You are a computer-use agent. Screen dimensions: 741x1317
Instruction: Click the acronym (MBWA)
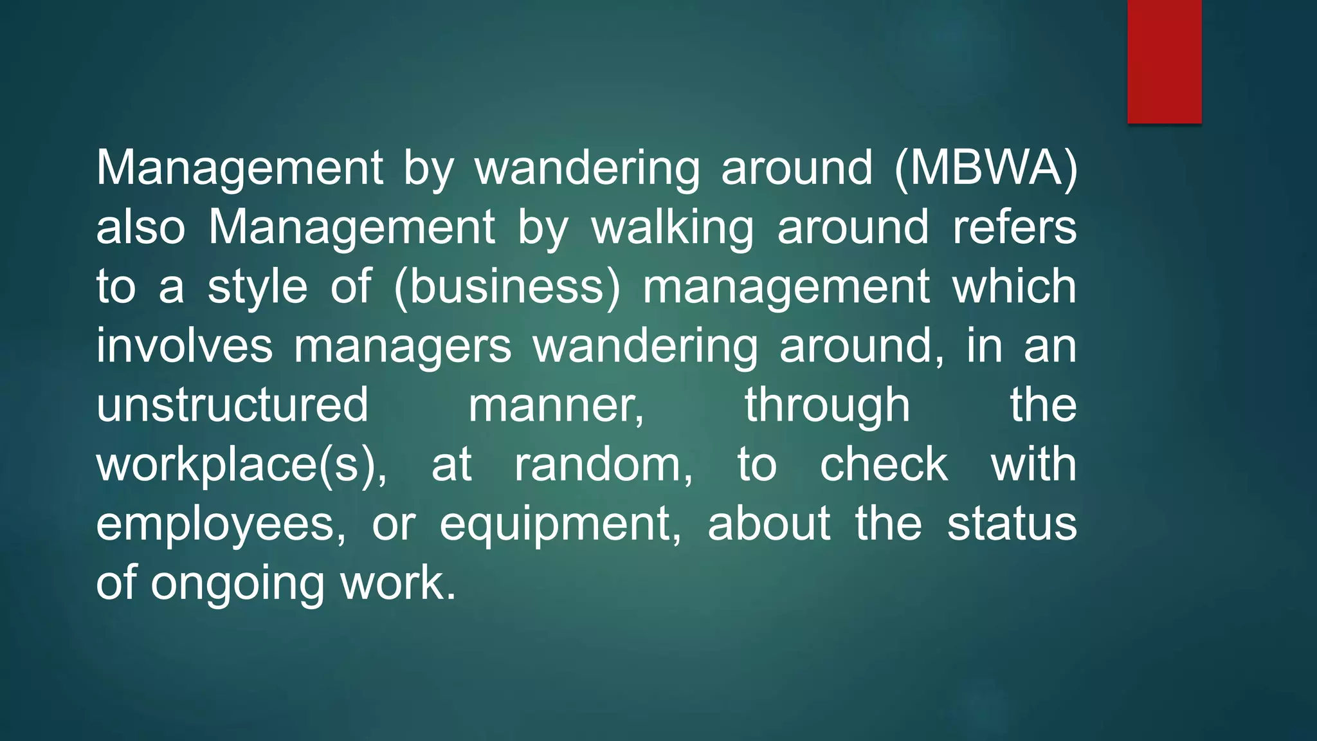(985, 169)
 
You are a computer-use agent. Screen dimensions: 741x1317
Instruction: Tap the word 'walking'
(672, 228)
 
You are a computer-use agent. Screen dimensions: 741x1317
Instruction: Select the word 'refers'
(1014, 228)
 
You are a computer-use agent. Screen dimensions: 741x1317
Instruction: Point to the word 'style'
(257, 287)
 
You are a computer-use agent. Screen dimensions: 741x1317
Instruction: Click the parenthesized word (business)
(507, 287)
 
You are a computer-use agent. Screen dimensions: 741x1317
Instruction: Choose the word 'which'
(1014, 287)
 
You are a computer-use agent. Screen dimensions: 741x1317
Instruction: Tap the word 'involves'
(185, 346)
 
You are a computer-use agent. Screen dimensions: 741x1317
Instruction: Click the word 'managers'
(403, 346)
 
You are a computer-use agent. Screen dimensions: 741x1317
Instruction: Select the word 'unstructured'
(232, 405)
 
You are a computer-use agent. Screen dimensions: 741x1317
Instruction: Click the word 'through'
(827, 405)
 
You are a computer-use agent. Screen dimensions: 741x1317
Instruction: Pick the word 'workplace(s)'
(241, 464)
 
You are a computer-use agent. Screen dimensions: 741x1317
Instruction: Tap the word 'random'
(603, 464)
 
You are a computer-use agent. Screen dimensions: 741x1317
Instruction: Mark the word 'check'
(883, 464)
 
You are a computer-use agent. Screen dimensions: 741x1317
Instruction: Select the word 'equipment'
(559, 524)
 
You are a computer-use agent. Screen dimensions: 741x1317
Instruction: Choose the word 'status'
(1012, 524)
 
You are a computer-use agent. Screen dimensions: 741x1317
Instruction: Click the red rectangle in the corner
(1164, 61)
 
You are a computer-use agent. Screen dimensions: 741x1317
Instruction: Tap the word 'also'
(141, 228)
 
